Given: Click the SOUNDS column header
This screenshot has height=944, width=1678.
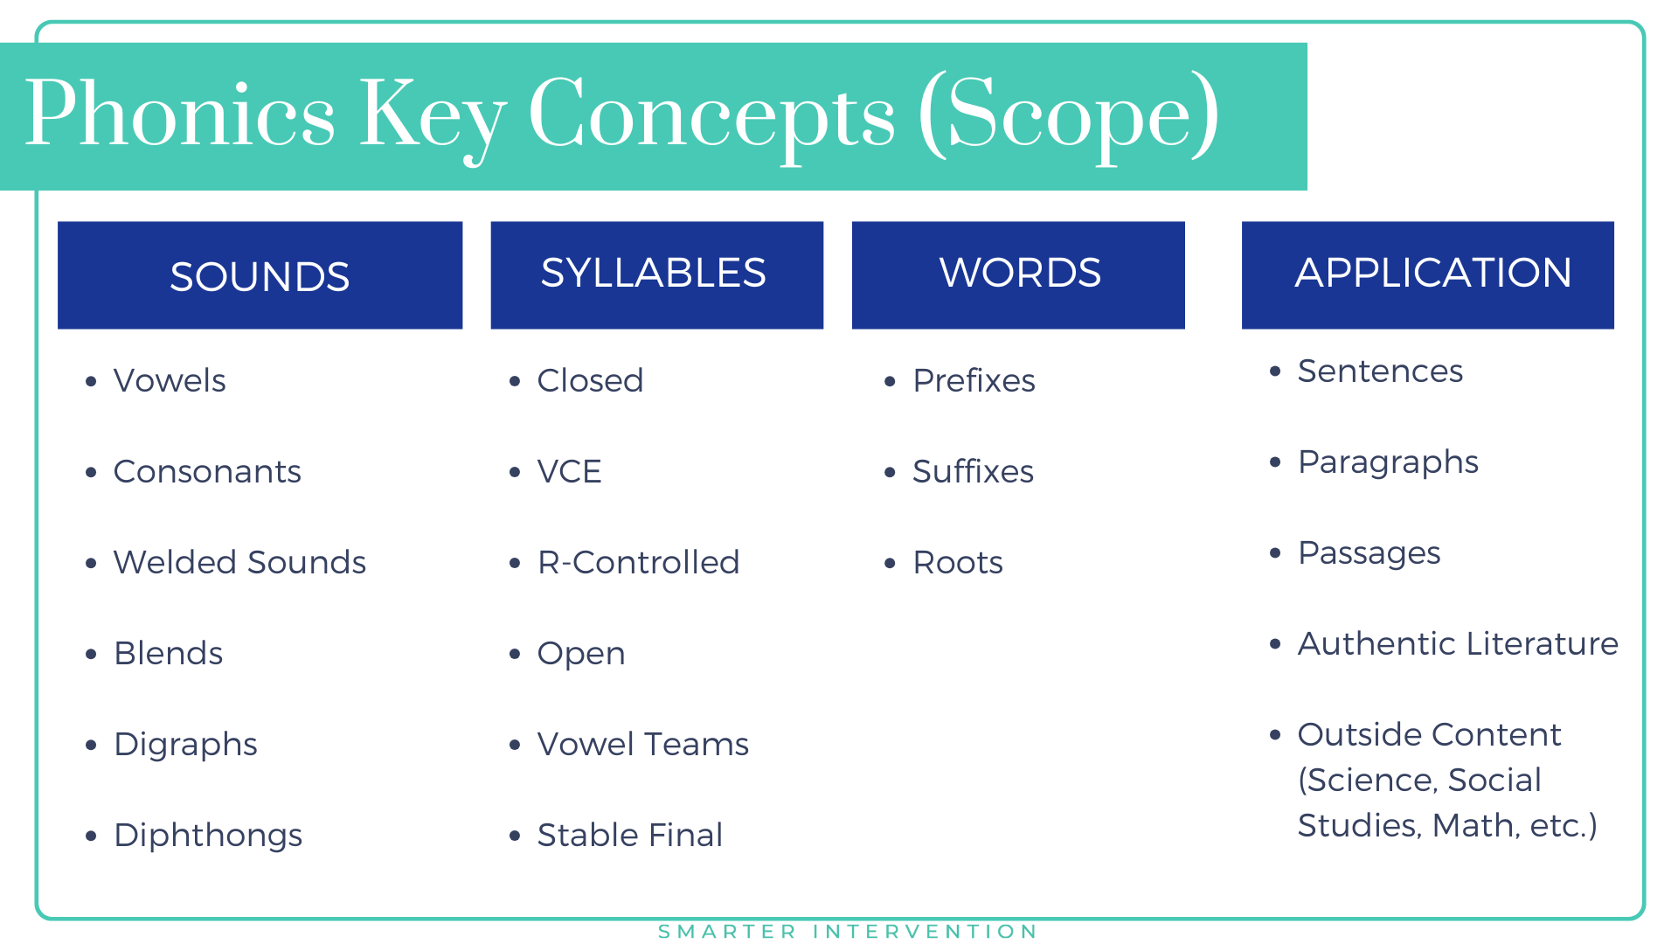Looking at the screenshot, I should pyautogui.click(x=260, y=276).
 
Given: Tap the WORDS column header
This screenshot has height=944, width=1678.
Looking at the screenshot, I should pyautogui.click(x=1019, y=274).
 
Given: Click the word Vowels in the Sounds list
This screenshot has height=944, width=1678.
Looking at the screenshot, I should pyautogui.click(x=170, y=381).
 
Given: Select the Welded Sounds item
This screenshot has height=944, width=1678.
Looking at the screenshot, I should pyautogui.click(x=239, y=563).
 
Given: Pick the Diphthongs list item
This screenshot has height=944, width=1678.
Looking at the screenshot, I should pyautogui.click(x=208, y=836).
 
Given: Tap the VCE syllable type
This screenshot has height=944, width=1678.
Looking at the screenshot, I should pyautogui.click(x=569, y=472).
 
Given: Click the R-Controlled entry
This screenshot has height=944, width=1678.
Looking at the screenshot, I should pyautogui.click(x=638, y=563).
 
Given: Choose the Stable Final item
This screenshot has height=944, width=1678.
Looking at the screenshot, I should pyautogui.click(x=629, y=836).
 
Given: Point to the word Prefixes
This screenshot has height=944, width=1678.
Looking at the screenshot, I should pyautogui.click(x=974, y=381).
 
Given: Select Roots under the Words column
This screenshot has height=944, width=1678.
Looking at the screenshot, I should pyautogui.click(x=958, y=563).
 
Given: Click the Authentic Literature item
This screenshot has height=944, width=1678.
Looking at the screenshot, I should pyautogui.click(x=1458, y=644).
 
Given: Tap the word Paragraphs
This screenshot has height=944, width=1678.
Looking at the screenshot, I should pyautogui.click(x=1388, y=462).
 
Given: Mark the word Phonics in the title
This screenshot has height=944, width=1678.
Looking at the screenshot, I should pyautogui.click(x=180, y=114).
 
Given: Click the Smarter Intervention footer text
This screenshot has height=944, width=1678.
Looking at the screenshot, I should pyautogui.click(x=848, y=932).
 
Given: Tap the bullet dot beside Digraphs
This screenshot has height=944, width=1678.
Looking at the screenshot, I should pyautogui.click(x=91, y=745).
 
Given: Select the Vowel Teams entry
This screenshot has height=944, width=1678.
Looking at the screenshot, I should pyautogui.click(x=642, y=745).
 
